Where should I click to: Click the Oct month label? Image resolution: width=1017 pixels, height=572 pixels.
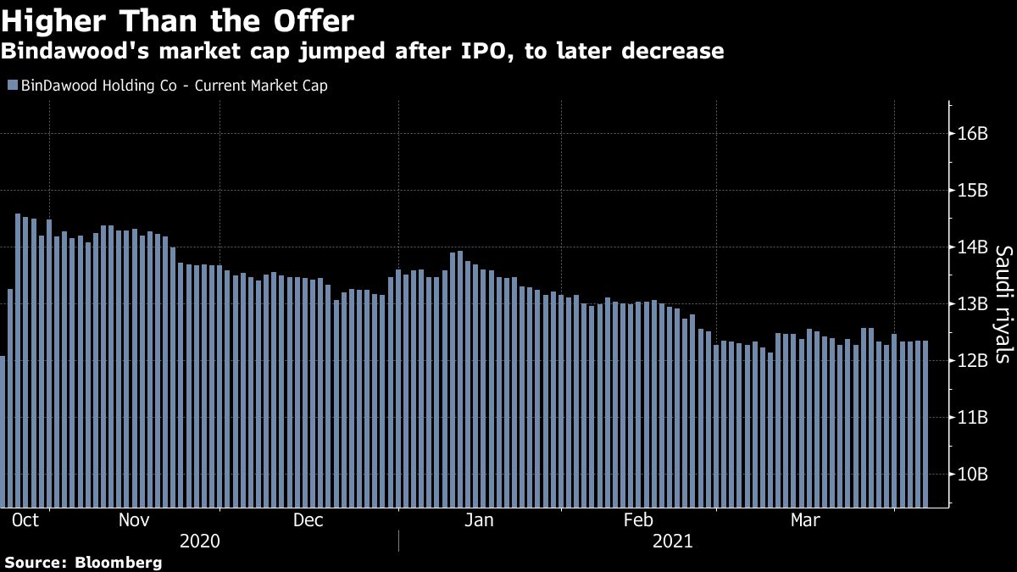pyautogui.click(x=26, y=520)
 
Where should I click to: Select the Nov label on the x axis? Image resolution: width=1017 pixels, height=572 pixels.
pyautogui.click(x=134, y=520)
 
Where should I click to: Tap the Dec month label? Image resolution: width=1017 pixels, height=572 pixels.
pyautogui.click(x=308, y=520)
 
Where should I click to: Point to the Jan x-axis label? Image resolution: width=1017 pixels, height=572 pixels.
pyautogui.click(x=480, y=520)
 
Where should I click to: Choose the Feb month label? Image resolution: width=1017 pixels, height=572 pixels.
pyautogui.click(x=637, y=520)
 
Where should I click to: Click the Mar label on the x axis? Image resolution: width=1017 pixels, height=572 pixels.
pyautogui.click(x=804, y=520)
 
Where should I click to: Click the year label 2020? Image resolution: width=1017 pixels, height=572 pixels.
pyautogui.click(x=201, y=541)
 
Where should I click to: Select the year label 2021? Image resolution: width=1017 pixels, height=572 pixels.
pyautogui.click(x=673, y=541)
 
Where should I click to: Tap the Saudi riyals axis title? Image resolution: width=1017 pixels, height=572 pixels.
pyautogui.click(x=1003, y=304)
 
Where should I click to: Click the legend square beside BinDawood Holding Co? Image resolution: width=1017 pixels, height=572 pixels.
pyautogui.click(x=12, y=86)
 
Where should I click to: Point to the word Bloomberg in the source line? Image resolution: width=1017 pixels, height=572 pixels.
pyautogui.click(x=119, y=562)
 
